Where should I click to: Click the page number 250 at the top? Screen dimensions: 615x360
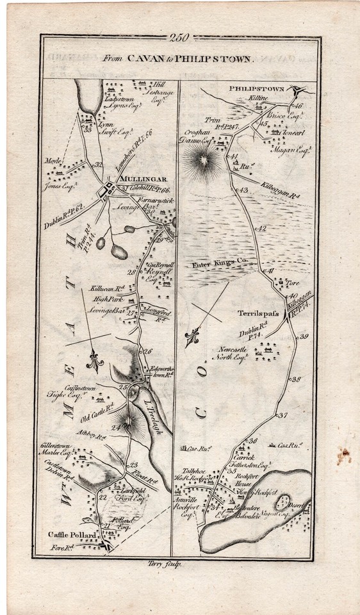tap(180, 38)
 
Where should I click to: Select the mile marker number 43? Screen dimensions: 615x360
tap(243, 190)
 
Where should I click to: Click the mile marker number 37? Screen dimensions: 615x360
tap(283, 416)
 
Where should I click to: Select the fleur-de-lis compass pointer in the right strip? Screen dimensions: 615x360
tap(192, 338)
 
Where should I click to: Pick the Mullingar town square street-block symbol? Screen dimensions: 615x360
tap(110, 190)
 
